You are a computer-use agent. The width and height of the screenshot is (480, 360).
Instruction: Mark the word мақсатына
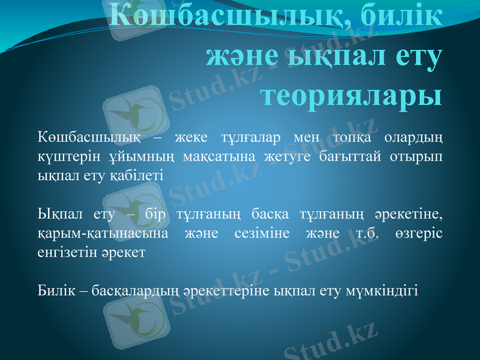coord(205,156)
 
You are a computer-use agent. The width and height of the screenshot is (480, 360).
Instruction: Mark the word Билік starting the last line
coord(56,290)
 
